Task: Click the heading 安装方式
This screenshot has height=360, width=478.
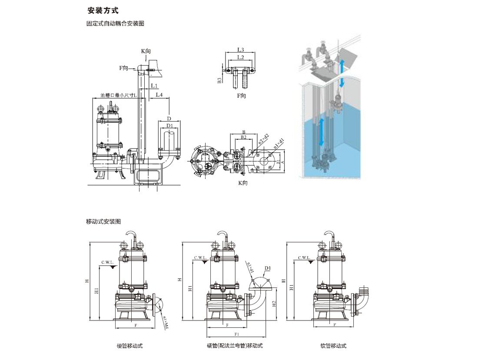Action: point(103,10)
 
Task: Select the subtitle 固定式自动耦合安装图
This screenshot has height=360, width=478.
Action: point(115,24)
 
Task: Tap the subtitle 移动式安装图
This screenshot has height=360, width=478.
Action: point(103,221)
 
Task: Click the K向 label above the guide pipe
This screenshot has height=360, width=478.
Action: point(146,51)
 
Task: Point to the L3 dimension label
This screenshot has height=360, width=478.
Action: point(240,50)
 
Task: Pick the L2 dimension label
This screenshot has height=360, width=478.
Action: point(240,57)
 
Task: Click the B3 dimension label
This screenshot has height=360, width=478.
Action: point(220,79)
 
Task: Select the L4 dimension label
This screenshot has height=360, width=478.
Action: point(159,94)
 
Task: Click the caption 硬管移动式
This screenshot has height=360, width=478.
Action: point(129,346)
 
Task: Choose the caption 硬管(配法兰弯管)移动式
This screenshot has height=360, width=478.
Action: point(235,346)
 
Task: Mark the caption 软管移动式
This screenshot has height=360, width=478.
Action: point(336,346)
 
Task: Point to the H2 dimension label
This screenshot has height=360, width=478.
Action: point(275,304)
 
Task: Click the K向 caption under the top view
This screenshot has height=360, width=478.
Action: point(242,183)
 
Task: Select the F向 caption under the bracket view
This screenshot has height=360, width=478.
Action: point(241,96)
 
